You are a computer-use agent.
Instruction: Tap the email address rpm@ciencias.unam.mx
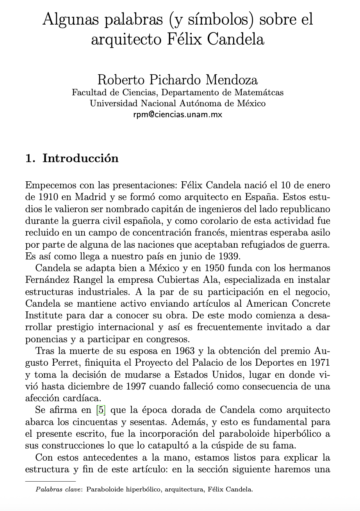[x=178, y=114]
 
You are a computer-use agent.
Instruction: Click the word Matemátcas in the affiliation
[x=259, y=93]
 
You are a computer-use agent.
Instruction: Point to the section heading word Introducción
[x=80, y=158]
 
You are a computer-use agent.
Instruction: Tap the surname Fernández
[x=48, y=280]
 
